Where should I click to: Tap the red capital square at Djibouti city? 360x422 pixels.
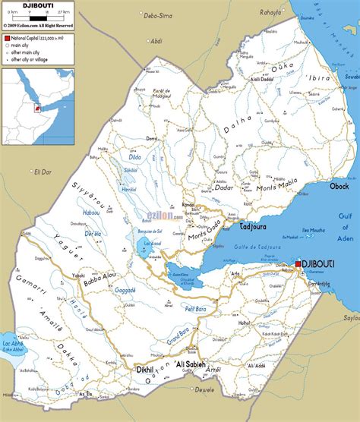pos(299,263)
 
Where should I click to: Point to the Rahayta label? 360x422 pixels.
pos(269,13)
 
